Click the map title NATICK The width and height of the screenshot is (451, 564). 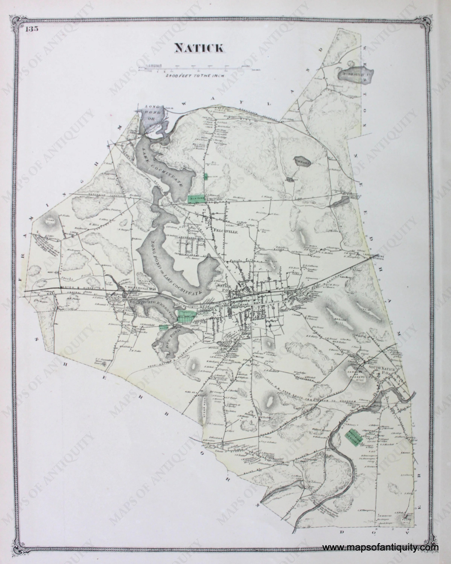199,48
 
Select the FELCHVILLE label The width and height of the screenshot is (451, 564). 226,231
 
